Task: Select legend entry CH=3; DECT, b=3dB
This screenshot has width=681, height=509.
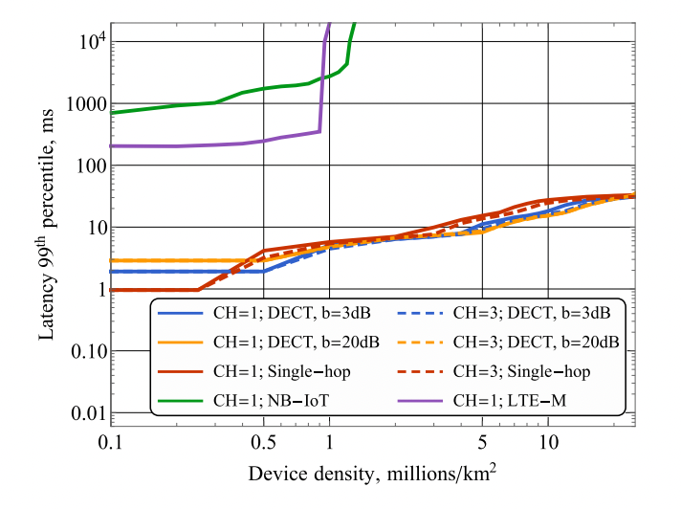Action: [x=531, y=312]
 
